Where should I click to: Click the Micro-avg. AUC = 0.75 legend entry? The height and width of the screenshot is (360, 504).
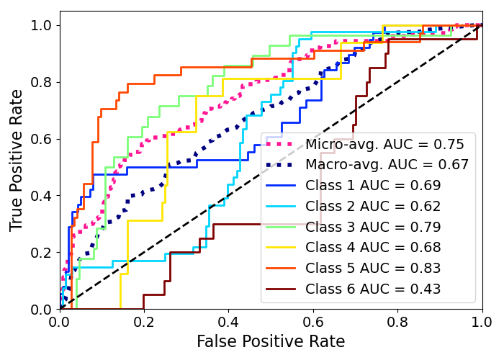click(x=384, y=144)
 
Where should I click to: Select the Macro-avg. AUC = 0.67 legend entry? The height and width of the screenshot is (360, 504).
click(x=387, y=165)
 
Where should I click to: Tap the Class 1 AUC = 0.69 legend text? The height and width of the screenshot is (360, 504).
click(x=373, y=186)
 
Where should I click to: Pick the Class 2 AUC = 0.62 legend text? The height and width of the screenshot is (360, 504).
click(x=373, y=207)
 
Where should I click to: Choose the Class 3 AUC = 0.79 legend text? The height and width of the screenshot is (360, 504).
click(x=373, y=228)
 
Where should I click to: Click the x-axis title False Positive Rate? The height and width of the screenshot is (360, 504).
click(x=271, y=342)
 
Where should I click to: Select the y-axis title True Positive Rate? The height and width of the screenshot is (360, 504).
click(x=17, y=160)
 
